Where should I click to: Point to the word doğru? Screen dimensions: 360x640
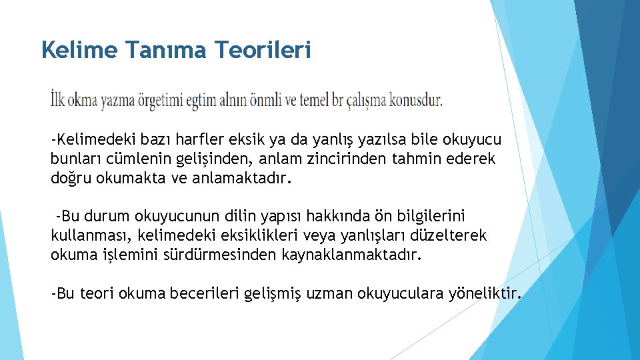[x=71, y=179]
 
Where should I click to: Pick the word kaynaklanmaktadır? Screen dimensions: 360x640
[x=357, y=255]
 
